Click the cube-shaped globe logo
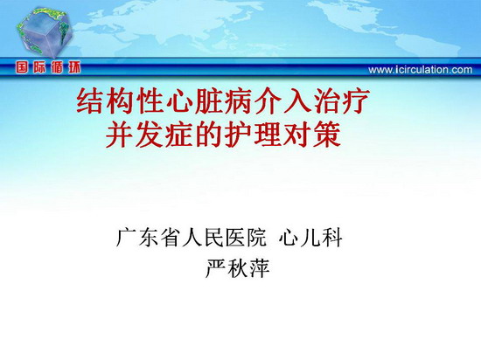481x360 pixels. coord(45,33)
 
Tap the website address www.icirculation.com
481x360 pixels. coord(421,70)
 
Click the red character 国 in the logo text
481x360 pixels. coord(22,67)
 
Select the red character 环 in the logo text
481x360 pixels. coord(74,67)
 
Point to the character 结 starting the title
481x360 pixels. coord(89,101)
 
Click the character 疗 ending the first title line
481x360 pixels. coord(357,101)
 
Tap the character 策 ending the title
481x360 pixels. coord(327,135)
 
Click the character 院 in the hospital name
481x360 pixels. coord(257,237)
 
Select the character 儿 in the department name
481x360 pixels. coord(310,237)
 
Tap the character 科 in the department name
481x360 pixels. coord(332,237)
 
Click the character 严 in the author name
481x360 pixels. coord(216,268)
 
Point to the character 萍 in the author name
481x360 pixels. coord(260,268)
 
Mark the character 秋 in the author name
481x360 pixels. coord(238,268)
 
